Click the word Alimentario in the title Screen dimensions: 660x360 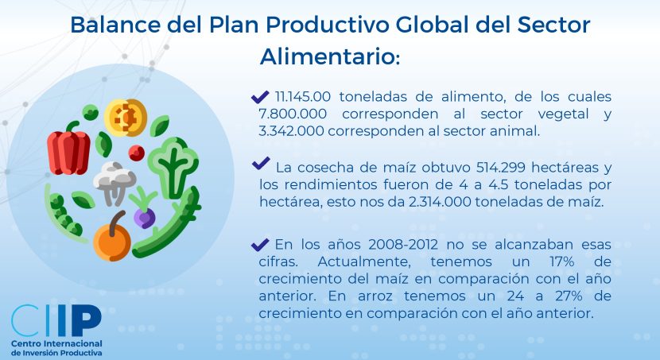click(x=328, y=56)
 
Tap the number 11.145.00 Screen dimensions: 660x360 click(x=303, y=97)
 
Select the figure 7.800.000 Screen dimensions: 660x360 click(x=293, y=114)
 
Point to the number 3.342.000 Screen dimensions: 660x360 click(x=291, y=131)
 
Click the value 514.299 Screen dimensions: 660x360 click(x=500, y=168)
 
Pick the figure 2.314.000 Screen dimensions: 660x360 click(x=440, y=202)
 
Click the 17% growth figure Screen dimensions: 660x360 click(x=562, y=261)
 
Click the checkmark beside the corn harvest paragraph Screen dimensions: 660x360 click(x=261, y=163)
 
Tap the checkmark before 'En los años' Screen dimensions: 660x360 click(x=260, y=244)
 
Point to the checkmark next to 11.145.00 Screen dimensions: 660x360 click(x=260, y=97)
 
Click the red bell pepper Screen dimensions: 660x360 click(x=68, y=149)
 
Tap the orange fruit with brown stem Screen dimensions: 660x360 click(x=112, y=238)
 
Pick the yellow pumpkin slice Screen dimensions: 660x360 click(x=126, y=118)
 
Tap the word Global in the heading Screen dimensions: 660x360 click(x=432, y=25)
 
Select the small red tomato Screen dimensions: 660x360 click(x=137, y=153)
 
